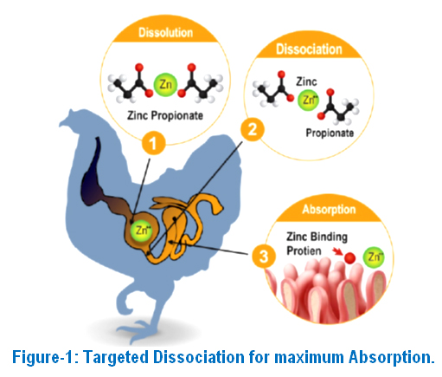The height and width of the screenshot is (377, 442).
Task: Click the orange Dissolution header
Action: pyautogui.click(x=165, y=32)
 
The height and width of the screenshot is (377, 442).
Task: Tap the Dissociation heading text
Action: pyautogui.click(x=309, y=49)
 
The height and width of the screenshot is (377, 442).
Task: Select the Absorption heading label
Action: pyautogui.click(x=329, y=209)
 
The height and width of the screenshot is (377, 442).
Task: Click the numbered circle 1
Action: pyautogui.click(x=153, y=143)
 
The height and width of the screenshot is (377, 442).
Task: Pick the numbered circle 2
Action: pyautogui.click(x=253, y=129)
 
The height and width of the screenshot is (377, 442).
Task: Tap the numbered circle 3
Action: pyautogui.click(x=264, y=257)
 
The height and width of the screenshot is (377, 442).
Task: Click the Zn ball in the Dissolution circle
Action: pyautogui.click(x=165, y=84)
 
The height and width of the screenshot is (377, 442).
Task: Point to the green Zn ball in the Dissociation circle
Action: pyautogui.click(x=308, y=100)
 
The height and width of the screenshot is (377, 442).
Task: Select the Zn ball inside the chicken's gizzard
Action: pyautogui.click(x=141, y=231)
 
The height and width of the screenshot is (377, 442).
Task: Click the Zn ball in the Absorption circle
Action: pyautogui.click(x=374, y=257)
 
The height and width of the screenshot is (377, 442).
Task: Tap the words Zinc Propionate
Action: pyautogui.click(x=165, y=115)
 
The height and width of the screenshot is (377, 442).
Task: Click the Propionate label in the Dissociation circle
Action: pyautogui.click(x=330, y=133)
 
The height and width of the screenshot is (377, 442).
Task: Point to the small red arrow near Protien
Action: pyautogui.click(x=336, y=252)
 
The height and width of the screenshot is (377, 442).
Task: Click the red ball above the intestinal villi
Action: pyautogui.click(x=350, y=258)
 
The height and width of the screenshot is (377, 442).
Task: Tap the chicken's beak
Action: pyautogui.click(x=63, y=122)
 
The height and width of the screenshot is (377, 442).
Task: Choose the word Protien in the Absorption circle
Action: pyautogui.click(x=304, y=250)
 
